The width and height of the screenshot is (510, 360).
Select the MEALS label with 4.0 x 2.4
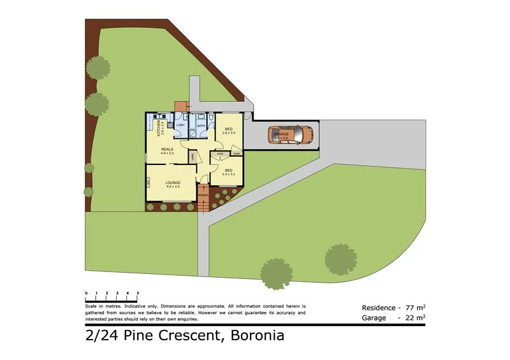(167, 151)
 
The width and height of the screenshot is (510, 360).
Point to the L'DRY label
(180, 126)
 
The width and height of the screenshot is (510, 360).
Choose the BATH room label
(201, 126)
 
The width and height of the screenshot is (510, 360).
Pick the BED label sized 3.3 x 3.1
(228, 171)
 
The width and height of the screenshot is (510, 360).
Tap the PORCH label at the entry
(204, 194)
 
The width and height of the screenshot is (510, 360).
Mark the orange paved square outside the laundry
(182, 107)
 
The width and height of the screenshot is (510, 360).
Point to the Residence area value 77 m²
(416, 306)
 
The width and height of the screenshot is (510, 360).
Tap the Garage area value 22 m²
(416, 317)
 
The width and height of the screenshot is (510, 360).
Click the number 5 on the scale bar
(138, 293)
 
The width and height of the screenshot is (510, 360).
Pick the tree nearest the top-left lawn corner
(98, 66)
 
